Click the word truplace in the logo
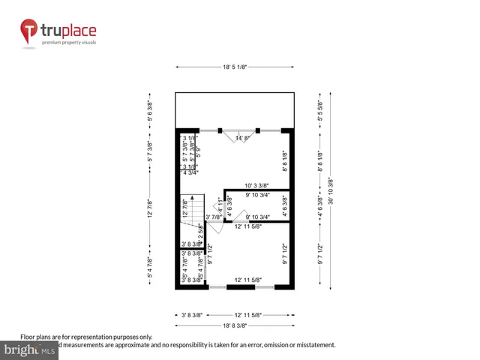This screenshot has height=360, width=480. point(67,31)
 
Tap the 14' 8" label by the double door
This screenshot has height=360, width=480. point(243,138)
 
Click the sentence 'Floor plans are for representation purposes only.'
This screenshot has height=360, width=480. point(85,337)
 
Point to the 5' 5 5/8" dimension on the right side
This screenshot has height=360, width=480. point(320,112)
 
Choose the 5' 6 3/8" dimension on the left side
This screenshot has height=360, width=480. point(150,112)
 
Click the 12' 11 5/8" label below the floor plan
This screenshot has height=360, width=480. point(247,315)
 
